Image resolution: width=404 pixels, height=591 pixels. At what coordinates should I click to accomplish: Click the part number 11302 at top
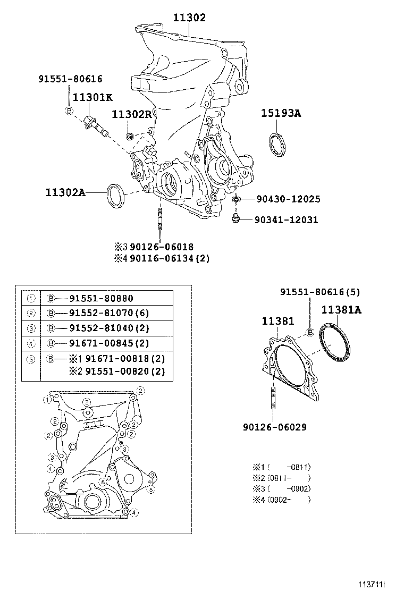[189, 18]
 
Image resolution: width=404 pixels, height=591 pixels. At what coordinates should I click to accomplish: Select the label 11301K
[92, 97]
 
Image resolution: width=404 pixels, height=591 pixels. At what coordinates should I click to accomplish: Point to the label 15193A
[281, 113]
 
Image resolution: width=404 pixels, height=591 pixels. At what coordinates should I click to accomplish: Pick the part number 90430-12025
[288, 199]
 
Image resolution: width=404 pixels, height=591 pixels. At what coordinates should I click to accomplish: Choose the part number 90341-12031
[286, 219]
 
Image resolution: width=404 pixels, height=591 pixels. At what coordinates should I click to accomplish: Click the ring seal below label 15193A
[276, 145]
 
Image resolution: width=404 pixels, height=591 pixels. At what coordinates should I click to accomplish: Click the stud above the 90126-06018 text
[159, 221]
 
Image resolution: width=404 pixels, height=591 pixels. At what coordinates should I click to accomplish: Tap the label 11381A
[341, 310]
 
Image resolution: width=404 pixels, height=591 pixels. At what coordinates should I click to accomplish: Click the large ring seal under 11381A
[335, 344]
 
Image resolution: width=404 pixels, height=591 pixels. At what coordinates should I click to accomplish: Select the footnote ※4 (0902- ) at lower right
[281, 500]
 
